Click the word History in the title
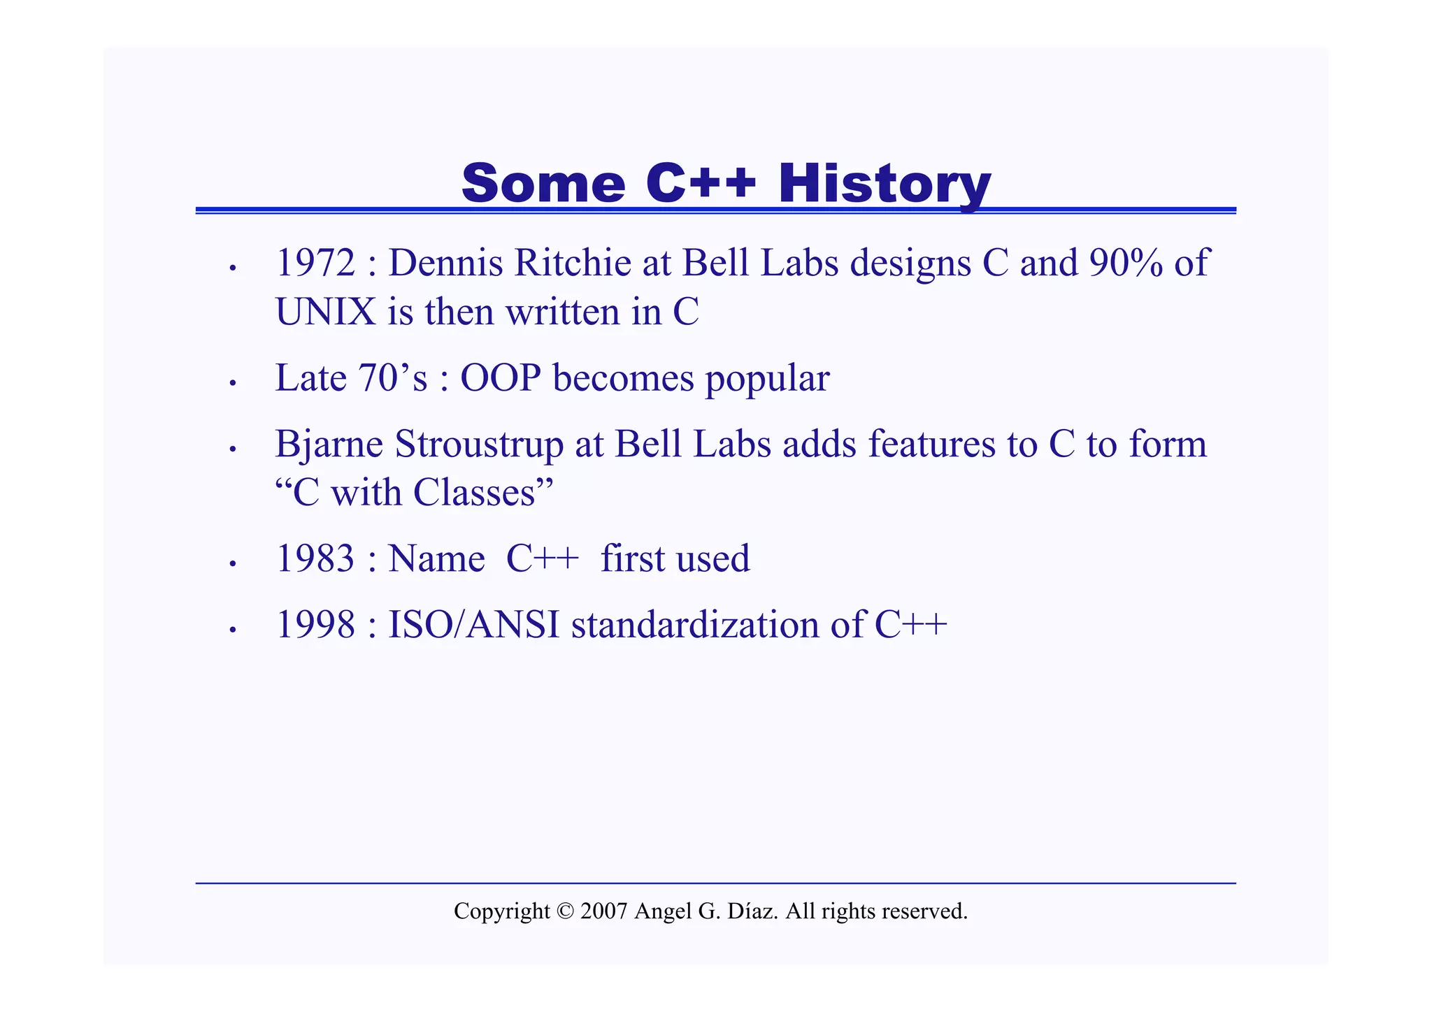click(885, 183)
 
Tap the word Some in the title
click(543, 183)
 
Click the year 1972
click(315, 263)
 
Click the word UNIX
click(326, 312)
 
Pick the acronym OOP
click(501, 378)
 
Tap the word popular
click(767, 378)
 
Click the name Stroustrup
click(479, 444)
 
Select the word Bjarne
click(329, 444)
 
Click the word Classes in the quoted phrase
click(473, 493)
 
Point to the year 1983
click(315, 558)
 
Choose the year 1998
click(315, 625)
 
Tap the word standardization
click(695, 625)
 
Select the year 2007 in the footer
click(603, 911)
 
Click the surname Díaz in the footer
click(752, 911)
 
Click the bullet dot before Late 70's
click(234, 383)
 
